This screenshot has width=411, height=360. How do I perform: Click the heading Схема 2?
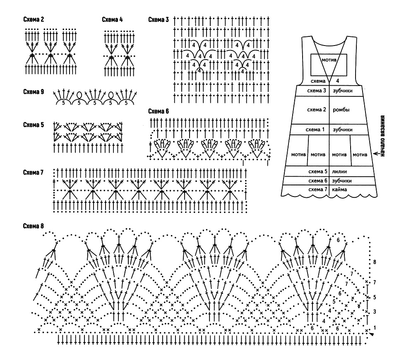(34, 19)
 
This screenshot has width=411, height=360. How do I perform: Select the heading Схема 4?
(112, 19)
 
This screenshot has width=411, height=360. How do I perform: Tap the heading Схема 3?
(159, 19)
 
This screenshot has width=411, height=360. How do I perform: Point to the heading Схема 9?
(34, 92)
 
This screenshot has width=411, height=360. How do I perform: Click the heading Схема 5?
(34, 125)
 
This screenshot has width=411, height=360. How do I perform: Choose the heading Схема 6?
(159, 111)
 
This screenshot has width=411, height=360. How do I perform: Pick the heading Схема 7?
(33, 173)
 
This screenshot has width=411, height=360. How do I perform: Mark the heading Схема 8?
(34, 226)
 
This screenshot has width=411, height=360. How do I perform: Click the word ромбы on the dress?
(341, 110)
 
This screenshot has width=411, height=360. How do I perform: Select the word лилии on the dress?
(339, 172)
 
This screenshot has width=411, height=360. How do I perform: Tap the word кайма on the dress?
(339, 189)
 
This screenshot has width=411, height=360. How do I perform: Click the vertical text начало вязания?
(382, 136)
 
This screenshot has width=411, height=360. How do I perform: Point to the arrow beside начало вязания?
(377, 154)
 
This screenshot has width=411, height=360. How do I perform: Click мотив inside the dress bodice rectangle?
(329, 60)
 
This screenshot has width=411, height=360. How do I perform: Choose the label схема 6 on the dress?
(318, 180)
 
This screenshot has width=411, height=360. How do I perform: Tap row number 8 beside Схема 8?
(375, 262)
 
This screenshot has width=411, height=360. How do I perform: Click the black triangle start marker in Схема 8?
(371, 334)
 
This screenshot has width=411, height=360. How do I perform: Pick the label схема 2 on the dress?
(316, 110)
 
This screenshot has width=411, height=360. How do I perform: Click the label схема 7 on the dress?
(318, 189)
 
